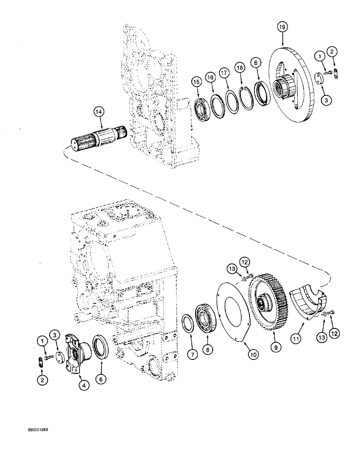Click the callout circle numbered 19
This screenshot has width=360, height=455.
282,28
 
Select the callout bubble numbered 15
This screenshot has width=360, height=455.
196,82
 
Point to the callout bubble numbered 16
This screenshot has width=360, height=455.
210,77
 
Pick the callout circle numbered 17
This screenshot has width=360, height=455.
224,72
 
